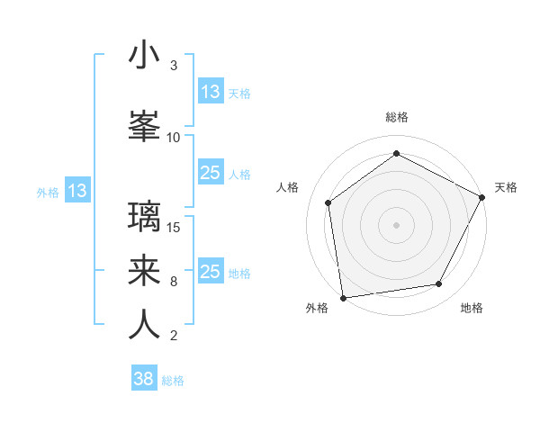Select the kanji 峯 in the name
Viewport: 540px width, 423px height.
coord(144,125)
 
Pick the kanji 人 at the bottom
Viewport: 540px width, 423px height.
coord(144,325)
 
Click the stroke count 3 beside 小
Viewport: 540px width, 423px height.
coord(174,66)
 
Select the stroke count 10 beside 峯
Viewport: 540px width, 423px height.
coord(174,138)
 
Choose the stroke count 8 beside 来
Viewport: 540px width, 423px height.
coord(174,282)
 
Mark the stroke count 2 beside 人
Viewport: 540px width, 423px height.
coord(174,336)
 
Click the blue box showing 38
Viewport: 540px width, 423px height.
coord(144,379)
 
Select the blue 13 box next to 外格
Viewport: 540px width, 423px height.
coord(77,191)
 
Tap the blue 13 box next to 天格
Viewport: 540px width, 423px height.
coord(211,92)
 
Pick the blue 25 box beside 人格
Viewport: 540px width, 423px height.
coord(211,174)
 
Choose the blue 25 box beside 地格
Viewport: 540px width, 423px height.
coord(211,272)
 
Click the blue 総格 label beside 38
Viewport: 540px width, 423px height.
coord(173,381)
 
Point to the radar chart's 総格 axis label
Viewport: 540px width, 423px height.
coord(397,117)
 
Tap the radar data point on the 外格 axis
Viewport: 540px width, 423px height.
coord(343,297)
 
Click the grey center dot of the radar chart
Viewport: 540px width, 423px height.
coord(396,224)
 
